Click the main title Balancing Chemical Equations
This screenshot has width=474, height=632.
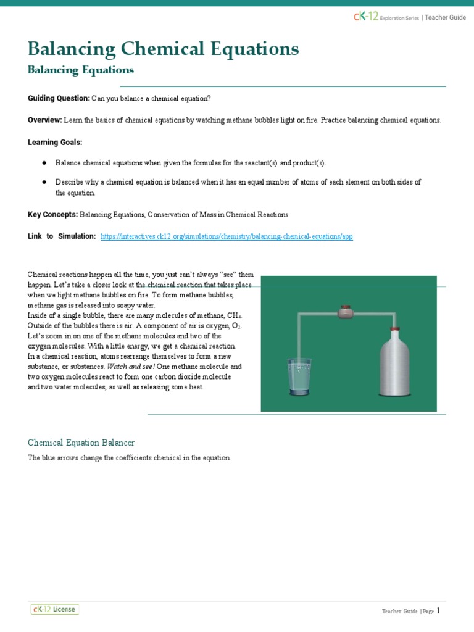[164, 48]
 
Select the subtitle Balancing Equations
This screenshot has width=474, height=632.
[81, 70]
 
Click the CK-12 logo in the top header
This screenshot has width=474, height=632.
[365, 17]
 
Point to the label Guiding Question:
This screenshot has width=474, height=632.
[59, 99]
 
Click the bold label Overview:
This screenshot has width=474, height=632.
[44, 120]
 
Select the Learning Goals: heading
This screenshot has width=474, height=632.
[55, 142]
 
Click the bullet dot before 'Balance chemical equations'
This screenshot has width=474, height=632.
[44, 163]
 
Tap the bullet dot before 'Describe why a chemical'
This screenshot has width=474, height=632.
[44, 182]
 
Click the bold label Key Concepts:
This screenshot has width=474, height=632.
[52, 215]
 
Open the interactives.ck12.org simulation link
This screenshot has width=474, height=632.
[227, 236]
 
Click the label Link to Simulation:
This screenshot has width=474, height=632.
[62, 236]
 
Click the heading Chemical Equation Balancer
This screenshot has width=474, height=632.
[81, 443]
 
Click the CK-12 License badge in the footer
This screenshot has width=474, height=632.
[55, 609]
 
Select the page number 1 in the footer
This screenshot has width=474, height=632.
[438, 610]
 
